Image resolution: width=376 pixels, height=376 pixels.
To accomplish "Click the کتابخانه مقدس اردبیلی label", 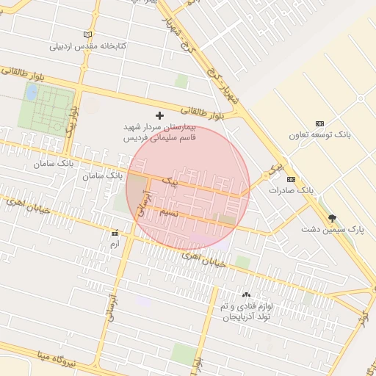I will pyautogui.click(x=88, y=46).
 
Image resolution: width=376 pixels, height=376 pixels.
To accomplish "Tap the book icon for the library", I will pyautogui.click(x=88, y=35).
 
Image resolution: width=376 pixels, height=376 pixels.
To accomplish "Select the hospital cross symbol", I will pyautogui.click(x=160, y=115).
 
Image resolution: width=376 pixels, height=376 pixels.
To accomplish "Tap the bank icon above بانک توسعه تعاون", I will pyautogui.click(x=319, y=123).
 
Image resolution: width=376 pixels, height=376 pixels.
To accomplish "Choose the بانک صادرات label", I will pyautogui.click(x=291, y=190).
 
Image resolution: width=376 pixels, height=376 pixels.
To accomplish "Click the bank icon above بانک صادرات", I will pyautogui.click(x=291, y=179).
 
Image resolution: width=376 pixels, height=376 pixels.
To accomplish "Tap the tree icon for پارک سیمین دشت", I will pyautogui.click(x=332, y=218).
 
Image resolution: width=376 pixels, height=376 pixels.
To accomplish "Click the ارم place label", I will pyautogui.click(x=113, y=243).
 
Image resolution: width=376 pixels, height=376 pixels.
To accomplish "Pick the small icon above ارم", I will pyautogui.click(x=114, y=233).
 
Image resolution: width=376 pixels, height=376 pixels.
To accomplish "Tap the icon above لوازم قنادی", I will pyautogui.click(x=246, y=294).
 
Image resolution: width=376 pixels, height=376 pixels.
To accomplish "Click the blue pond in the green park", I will pyautogui.click(x=32, y=92).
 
